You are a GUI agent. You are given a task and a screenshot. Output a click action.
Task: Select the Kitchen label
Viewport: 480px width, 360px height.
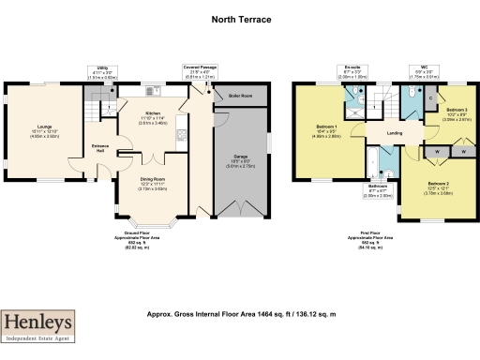coord(153,112)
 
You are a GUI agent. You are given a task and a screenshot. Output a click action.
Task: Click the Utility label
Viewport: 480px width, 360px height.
coord(103,68)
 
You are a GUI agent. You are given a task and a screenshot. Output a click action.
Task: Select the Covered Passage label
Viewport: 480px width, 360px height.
coord(200,67)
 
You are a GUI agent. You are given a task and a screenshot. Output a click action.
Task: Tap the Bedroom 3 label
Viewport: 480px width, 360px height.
coord(457,111)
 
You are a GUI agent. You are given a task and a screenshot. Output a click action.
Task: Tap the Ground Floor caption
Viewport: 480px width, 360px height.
coord(137,232)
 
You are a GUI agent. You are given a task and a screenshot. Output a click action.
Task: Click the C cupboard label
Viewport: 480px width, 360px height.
coord(429,97)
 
